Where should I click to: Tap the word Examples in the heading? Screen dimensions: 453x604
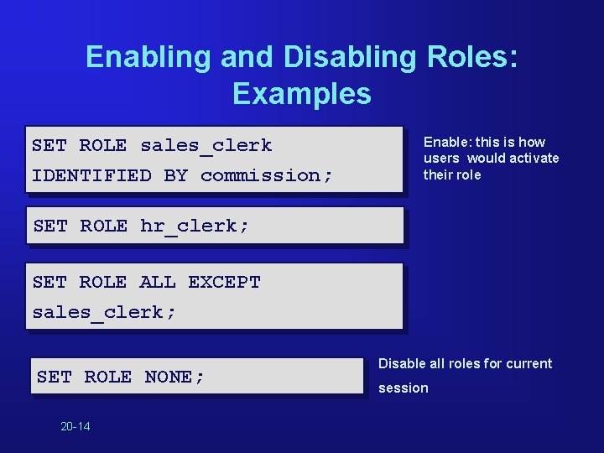(302, 93)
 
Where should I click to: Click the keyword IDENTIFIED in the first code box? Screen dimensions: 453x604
(91, 175)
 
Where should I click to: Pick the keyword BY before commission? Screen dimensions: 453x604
(176, 175)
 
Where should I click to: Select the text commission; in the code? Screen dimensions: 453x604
(267, 175)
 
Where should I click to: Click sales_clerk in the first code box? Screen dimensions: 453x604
(206, 145)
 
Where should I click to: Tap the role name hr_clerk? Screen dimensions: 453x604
(195, 226)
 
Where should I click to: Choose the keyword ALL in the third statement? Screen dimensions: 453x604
(158, 282)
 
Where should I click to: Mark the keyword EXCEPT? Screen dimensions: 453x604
(224, 282)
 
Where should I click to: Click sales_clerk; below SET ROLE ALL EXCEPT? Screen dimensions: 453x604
(104, 312)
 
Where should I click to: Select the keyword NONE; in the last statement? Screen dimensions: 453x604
(174, 377)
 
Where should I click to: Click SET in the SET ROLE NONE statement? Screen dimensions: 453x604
(55, 377)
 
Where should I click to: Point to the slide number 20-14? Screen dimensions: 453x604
(75, 426)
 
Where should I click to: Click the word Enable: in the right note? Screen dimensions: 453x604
(448, 142)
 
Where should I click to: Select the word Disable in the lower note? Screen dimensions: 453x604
(400, 363)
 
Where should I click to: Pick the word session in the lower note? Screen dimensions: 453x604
(404, 388)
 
